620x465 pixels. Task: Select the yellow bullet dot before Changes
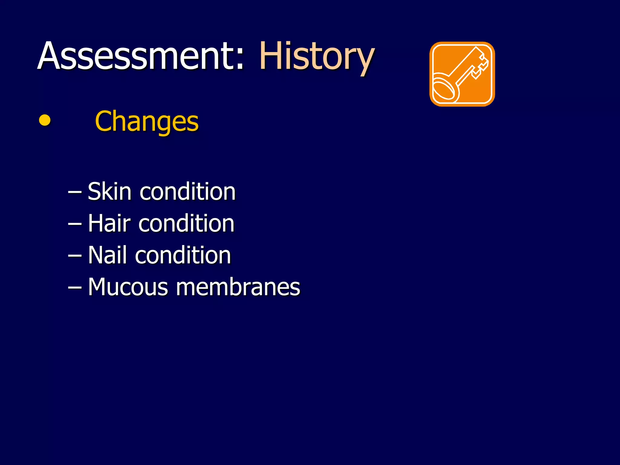pos(45,120)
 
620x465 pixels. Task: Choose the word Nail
pos(107,255)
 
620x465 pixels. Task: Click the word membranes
pos(238,287)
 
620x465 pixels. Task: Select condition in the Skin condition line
pos(187,192)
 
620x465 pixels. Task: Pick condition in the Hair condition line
pos(186,224)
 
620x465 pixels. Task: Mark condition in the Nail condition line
pos(183,255)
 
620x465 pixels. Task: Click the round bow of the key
pos(444,88)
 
